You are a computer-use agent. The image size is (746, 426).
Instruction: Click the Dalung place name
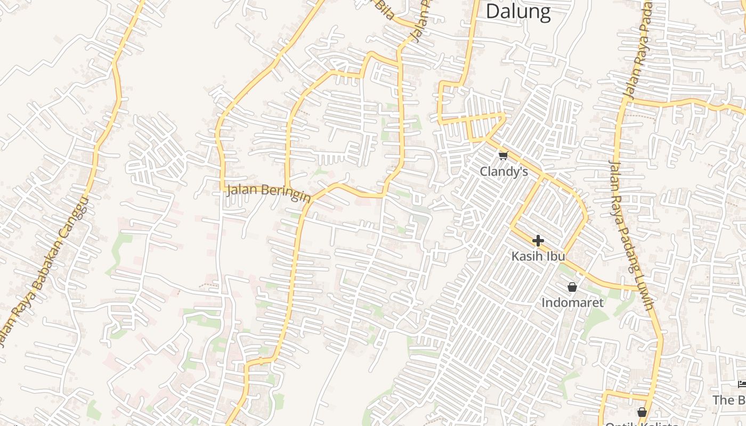coord(517,11)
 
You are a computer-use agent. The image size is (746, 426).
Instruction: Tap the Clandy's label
coord(504,171)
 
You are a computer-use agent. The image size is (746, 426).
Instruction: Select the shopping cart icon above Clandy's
coord(503,155)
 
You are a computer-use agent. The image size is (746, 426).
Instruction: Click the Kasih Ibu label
coord(538,256)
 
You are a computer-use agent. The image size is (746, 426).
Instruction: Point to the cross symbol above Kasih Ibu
coord(538,241)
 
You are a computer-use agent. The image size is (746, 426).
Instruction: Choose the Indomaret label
coord(572,303)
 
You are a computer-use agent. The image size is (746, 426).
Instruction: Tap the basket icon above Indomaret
coord(572,288)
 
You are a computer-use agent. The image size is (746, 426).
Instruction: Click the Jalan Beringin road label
coord(269,193)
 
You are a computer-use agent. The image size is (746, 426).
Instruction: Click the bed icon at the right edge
coord(742,384)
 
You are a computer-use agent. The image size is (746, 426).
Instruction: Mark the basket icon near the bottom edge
coord(642,412)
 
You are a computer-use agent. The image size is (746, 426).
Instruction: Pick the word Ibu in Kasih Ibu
coord(554,256)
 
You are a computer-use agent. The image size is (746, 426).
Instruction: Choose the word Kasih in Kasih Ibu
coord(527,256)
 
